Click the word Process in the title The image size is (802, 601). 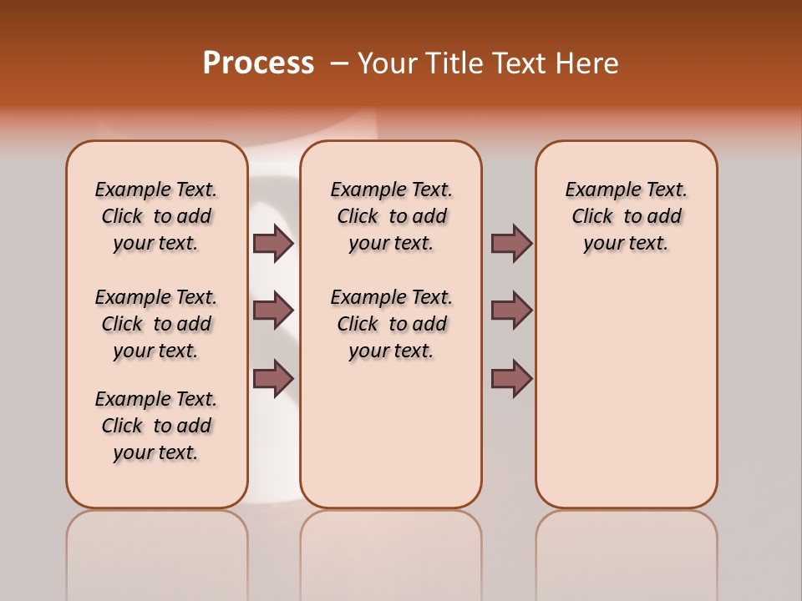pos(258,63)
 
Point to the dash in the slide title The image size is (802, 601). pos(339,64)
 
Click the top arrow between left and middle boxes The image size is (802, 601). pos(273,243)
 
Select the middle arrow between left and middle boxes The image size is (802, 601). pos(273,311)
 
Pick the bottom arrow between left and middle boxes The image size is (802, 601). pos(273,378)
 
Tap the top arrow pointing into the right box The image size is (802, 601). pos(511,243)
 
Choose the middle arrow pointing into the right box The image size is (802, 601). pos(511,311)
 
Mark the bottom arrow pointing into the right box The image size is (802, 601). pos(511,378)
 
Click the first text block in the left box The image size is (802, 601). pos(156,216)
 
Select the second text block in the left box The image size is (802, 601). pos(156,324)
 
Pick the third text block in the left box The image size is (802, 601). pos(156,426)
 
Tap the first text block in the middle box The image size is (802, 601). pos(391,216)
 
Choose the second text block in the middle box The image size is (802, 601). pos(391,324)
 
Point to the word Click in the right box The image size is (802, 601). pos(592,217)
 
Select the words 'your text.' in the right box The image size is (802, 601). pos(626,244)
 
